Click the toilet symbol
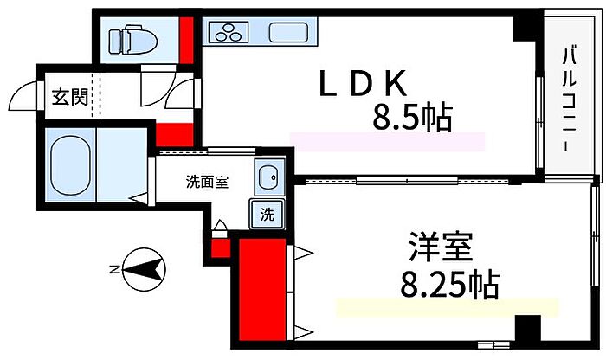(132, 40)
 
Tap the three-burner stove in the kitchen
(229, 32)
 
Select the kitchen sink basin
(288, 32)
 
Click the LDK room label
(363, 83)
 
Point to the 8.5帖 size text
(412, 117)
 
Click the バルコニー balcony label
(569, 99)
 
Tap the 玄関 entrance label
(70, 97)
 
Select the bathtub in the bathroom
(70, 164)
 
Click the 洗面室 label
(207, 182)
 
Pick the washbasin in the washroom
(269, 177)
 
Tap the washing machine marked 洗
(267, 214)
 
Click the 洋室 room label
(441, 247)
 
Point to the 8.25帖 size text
(450, 285)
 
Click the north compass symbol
(144, 269)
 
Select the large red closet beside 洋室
(263, 290)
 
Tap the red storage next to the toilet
(186, 40)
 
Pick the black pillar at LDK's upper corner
(525, 29)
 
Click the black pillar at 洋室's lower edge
(527, 328)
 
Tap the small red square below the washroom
(221, 248)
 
